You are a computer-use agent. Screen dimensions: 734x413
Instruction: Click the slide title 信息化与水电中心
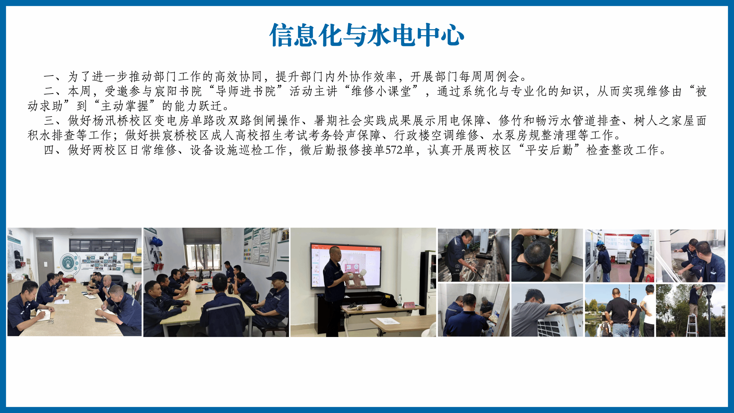[367, 35]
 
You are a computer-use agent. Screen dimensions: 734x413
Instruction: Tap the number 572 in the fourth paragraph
[394, 150]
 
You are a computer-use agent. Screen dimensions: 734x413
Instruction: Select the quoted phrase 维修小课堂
[381, 91]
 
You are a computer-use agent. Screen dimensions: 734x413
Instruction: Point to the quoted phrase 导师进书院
[246, 91]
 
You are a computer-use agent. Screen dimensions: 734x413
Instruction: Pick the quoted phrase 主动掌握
[124, 106]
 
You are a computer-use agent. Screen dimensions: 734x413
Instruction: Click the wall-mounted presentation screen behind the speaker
[346, 265]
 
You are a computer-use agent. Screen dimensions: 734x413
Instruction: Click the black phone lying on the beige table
[101, 320]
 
